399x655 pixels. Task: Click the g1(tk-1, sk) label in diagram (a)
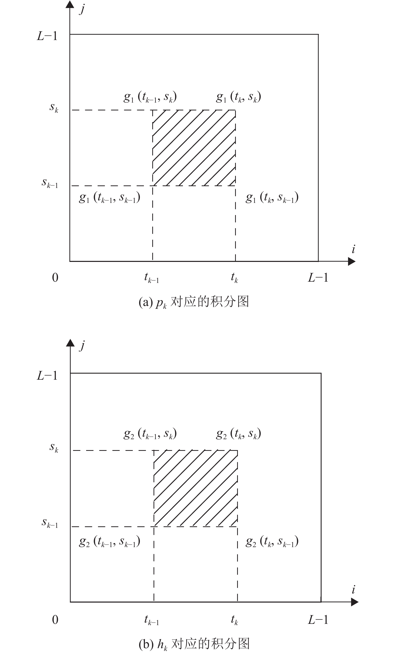(x=150, y=97)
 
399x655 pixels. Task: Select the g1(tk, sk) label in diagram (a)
(x=238, y=97)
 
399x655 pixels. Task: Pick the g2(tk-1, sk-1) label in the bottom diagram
(x=109, y=542)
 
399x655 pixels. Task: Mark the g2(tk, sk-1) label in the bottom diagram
(x=272, y=542)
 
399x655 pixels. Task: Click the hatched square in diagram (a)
(x=194, y=148)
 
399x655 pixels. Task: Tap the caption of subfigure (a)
(x=194, y=302)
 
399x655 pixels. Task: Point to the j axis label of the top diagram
(x=82, y=9)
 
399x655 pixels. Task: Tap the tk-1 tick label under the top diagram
(x=151, y=278)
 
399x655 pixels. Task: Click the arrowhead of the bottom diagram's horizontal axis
(x=354, y=602)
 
